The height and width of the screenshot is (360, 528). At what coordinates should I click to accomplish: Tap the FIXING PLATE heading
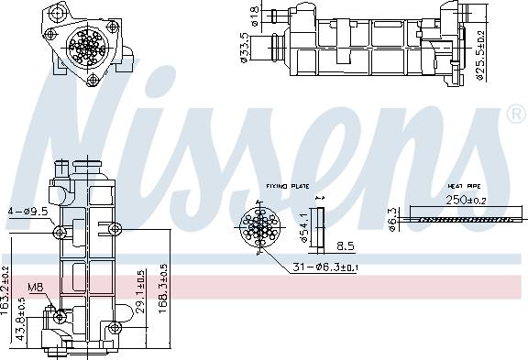tap(288, 185)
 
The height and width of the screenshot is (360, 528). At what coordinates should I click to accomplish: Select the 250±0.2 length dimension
tap(467, 200)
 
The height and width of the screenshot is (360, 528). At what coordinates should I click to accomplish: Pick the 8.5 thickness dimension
tap(346, 245)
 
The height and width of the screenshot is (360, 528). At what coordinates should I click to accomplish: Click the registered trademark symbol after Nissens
tap(515, 115)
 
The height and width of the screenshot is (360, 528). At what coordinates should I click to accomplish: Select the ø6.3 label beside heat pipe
tap(393, 220)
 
